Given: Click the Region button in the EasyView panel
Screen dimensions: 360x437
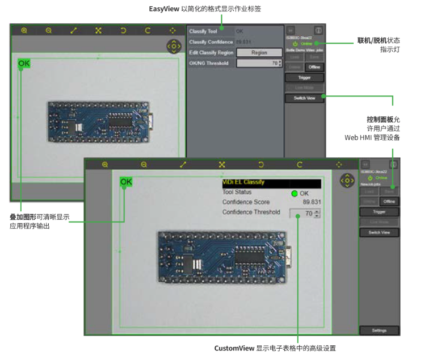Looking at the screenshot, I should pyautogui.click(x=259, y=52).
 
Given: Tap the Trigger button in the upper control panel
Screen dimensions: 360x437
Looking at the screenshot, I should pyautogui.click(x=304, y=77).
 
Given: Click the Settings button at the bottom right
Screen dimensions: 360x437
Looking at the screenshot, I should pyautogui.click(x=379, y=330).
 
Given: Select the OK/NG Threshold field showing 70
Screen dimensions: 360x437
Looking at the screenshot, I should pyautogui.click(x=259, y=63).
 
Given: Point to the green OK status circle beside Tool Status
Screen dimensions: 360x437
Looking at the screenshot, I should pyautogui.click(x=295, y=194).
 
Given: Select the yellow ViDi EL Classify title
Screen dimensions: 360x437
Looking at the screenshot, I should pyautogui.click(x=243, y=182).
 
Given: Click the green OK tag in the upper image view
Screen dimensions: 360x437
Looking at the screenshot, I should pyautogui.click(x=24, y=64).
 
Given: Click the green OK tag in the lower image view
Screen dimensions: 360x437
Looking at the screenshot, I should pyautogui.click(x=126, y=182).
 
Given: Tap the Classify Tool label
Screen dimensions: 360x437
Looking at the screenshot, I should pyautogui.click(x=203, y=31).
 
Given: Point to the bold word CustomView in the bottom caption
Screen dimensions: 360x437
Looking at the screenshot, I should pyautogui.click(x=234, y=348).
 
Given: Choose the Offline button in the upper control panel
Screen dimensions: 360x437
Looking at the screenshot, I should pyautogui.click(x=314, y=67).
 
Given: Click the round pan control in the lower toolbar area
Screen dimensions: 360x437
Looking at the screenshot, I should pyautogui.click(x=347, y=180).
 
